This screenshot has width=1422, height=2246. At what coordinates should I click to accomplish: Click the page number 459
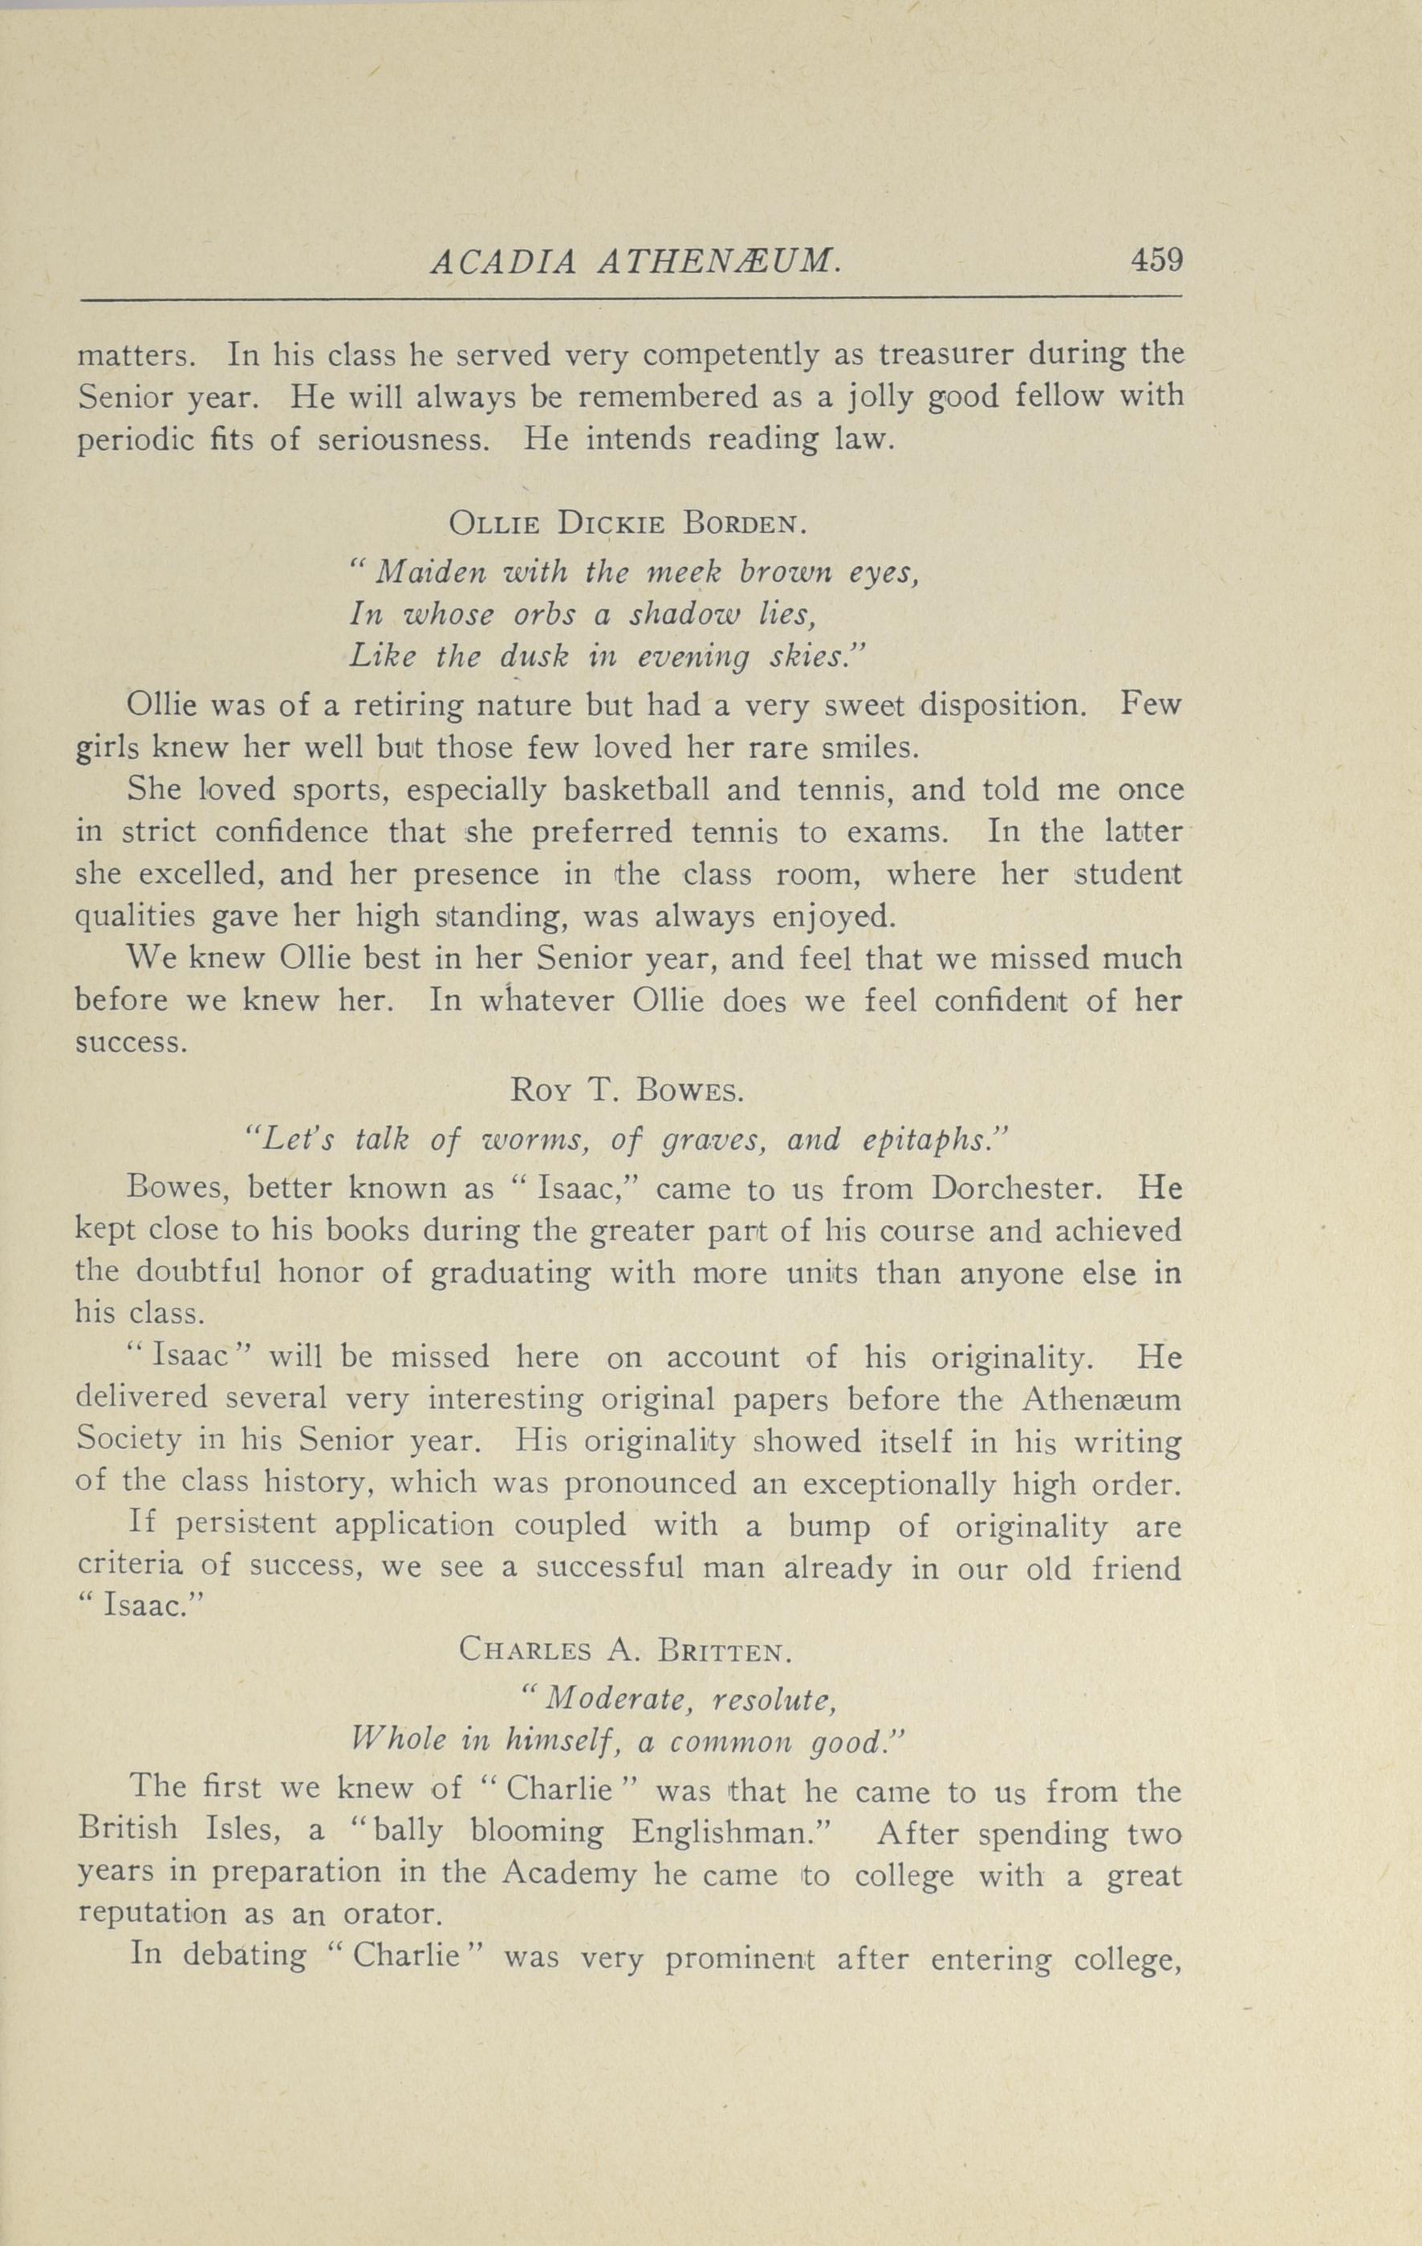(x=1156, y=258)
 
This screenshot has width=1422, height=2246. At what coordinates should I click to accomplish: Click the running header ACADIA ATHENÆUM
(x=636, y=262)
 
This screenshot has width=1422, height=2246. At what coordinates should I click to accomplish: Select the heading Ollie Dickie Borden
(x=626, y=523)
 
